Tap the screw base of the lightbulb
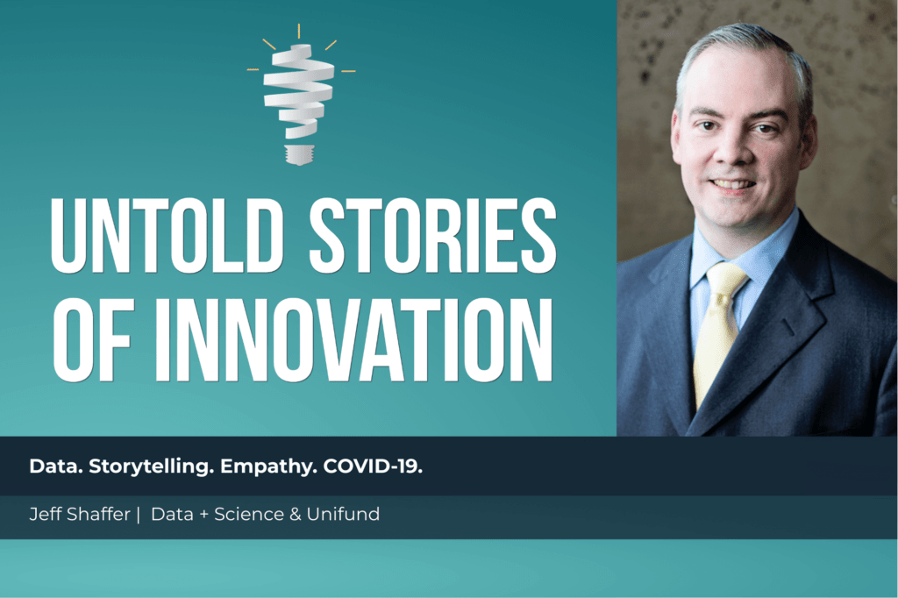point(298,154)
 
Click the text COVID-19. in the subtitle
point(373,466)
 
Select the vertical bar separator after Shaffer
point(138,515)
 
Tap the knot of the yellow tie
point(726,283)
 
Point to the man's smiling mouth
point(733,185)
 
